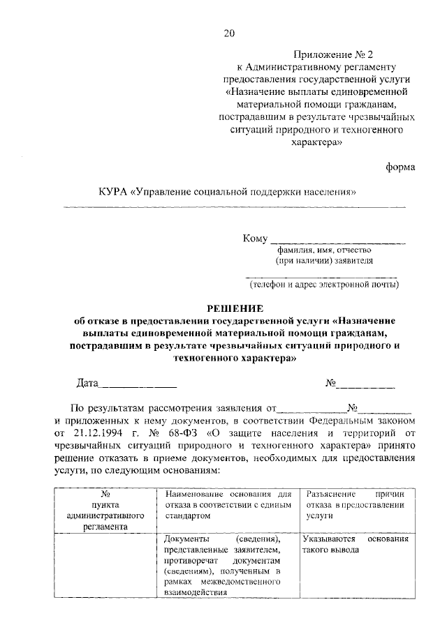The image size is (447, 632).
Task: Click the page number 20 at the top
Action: click(230, 33)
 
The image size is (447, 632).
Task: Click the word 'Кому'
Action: click(255, 239)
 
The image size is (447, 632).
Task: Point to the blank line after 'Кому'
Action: click(337, 241)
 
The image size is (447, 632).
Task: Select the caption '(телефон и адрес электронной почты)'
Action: click(325, 284)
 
